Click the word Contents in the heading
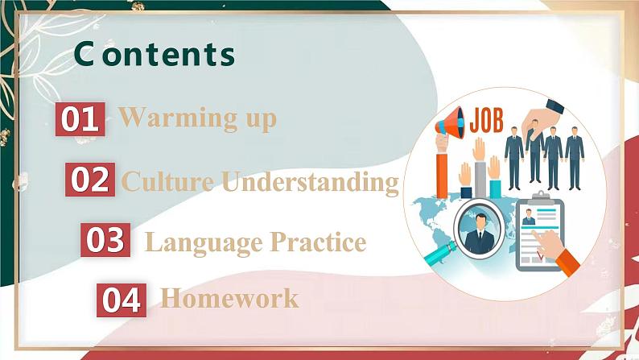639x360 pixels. [155, 54]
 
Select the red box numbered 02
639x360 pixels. [89, 179]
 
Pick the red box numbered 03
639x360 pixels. [105, 240]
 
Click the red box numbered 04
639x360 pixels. [122, 300]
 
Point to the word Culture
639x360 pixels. [168, 181]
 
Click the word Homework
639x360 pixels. [229, 299]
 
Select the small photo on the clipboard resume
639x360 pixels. [530, 217]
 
